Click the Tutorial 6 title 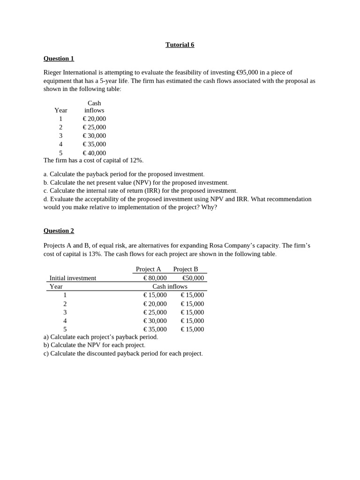[180, 45]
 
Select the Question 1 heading [59, 59]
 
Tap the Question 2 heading [59, 231]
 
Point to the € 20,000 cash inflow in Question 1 [94, 119]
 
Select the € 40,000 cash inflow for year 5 [94, 153]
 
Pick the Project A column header [148, 269]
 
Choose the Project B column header [186, 269]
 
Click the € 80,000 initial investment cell [155, 278]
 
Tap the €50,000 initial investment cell [193, 278]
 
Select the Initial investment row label [73, 278]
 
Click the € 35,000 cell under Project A [155, 329]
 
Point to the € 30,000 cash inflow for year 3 [94, 136]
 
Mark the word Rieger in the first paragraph [52, 72]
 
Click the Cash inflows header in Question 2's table [170, 286]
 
